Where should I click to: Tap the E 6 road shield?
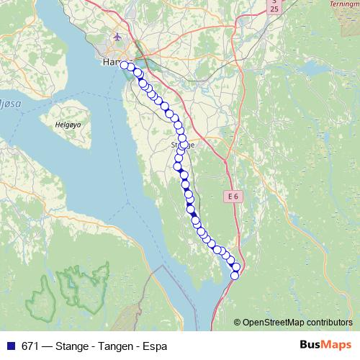[232, 195]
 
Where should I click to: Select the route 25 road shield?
[274, 6]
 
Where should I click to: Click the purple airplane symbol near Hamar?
[117, 37]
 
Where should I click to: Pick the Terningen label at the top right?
[345, 4]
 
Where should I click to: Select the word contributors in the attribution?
[332, 323]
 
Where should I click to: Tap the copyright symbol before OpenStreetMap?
[238, 323]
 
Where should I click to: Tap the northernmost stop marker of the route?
[125, 66]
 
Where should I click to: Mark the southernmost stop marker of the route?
[234, 275]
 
